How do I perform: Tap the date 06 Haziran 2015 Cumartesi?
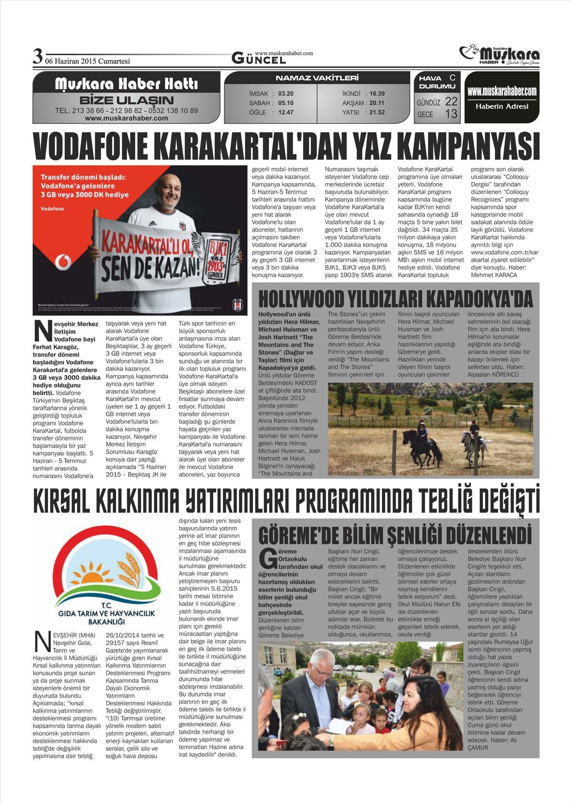[88, 61]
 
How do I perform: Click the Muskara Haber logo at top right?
[499, 56]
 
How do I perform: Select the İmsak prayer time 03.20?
[286, 94]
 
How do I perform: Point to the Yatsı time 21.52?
[377, 112]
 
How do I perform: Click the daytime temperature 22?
[451, 101]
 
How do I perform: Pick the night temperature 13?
[451, 113]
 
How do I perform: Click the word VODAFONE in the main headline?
[91, 147]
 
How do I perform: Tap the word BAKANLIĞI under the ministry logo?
[106, 622]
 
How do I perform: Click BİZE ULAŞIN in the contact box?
[126, 101]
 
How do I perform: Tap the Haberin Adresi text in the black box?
[502, 107]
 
